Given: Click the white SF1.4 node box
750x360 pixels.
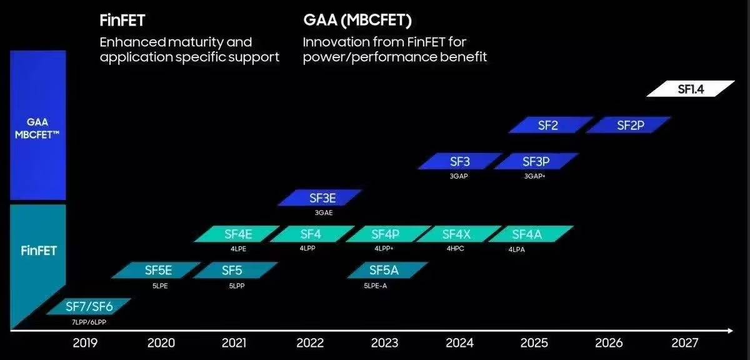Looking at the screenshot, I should (691, 89).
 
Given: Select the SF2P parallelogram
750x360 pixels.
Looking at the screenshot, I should (630, 125).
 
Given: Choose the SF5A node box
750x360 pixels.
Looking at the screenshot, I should (383, 270).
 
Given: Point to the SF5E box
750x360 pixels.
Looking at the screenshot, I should (158, 270).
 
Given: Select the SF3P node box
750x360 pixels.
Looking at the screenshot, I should (536, 161).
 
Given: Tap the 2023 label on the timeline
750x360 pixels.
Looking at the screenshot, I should (384, 342).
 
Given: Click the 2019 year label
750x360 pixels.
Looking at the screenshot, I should (85, 342).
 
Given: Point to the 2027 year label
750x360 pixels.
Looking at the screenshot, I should (685, 342).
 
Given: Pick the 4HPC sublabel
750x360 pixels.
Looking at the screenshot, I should (456, 249).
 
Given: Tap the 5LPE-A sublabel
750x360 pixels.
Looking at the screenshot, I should (376, 286).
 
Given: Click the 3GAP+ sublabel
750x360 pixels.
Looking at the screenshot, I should (535, 176).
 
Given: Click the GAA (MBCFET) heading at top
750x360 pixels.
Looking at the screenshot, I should (357, 21).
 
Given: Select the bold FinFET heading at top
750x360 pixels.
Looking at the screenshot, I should (122, 21).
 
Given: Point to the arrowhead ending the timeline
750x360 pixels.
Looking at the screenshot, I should (729, 330).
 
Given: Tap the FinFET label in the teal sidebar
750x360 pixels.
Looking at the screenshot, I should (39, 251).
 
